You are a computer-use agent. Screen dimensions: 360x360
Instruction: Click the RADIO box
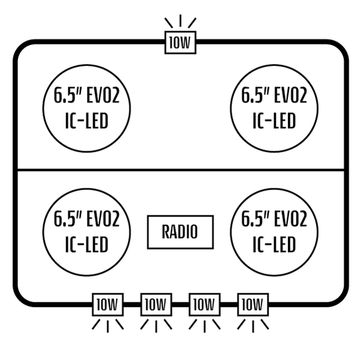[x=180, y=232]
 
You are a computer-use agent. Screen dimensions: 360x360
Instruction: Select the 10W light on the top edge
[x=180, y=43]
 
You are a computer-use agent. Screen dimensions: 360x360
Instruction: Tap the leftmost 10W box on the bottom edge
[x=107, y=304]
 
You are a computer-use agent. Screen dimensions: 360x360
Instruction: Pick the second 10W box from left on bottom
[x=156, y=304]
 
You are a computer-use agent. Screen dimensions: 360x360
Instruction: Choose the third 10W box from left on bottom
[x=204, y=304]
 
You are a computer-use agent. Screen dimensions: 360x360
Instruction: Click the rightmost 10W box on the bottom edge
[x=253, y=304]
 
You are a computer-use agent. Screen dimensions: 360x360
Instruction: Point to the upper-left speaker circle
[x=87, y=108]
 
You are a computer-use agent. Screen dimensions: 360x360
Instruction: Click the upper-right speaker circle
[x=273, y=108]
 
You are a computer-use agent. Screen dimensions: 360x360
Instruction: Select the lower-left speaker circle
[x=87, y=231]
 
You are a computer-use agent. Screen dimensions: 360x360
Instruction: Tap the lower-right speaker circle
[x=273, y=231]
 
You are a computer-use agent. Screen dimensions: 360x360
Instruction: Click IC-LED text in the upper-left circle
[x=87, y=122]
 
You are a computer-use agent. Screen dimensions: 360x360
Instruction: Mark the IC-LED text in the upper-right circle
[x=273, y=122]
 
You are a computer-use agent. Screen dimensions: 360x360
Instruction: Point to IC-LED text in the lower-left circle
[x=87, y=244]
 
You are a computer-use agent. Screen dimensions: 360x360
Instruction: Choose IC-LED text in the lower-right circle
[x=273, y=244]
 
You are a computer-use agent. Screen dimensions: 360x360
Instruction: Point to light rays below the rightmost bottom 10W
[x=253, y=325]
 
